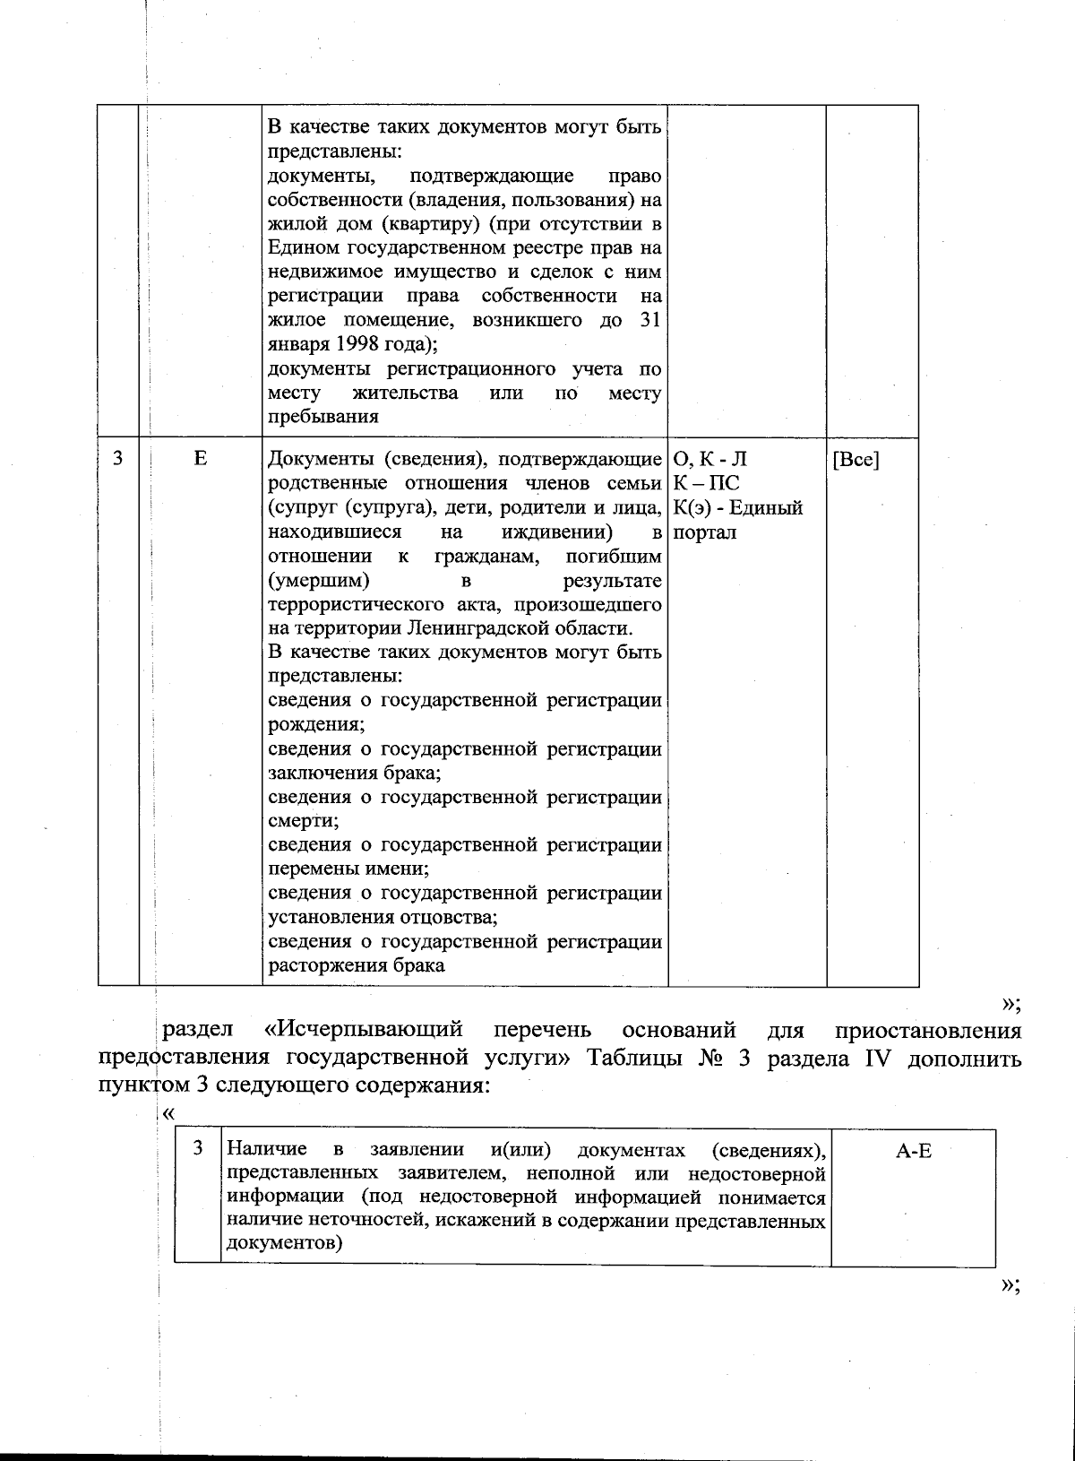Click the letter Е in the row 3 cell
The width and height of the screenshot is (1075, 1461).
[200, 458]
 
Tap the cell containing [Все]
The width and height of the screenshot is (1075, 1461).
[856, 460]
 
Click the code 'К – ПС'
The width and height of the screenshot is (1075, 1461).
[706, 484]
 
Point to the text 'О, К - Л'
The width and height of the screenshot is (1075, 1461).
[709, 460]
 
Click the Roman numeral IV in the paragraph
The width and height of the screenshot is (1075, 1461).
[881, 1059]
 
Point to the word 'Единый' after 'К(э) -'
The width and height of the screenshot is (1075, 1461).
[769, 508]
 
